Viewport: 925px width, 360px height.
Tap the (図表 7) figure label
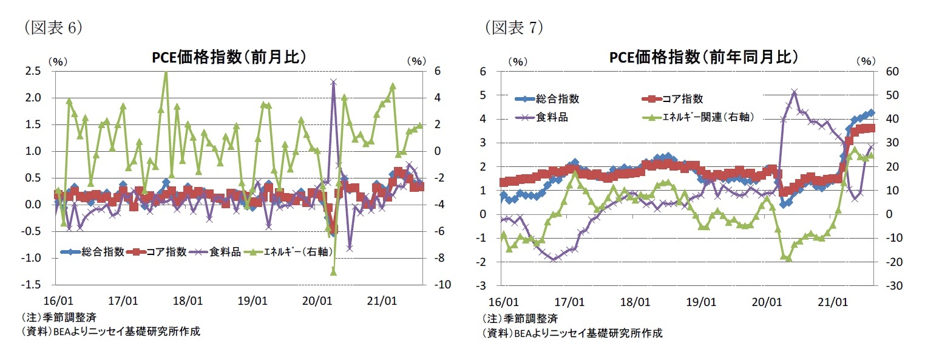point(513,27)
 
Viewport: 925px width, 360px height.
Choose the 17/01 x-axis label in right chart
point(569,302)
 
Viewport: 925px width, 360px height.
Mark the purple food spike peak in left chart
point(333,81)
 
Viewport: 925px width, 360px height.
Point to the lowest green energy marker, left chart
point(333,272)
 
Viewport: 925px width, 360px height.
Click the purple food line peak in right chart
point(794,92)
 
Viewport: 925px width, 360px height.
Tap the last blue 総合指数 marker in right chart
point(872,112)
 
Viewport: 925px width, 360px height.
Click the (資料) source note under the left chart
point(110,331)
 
